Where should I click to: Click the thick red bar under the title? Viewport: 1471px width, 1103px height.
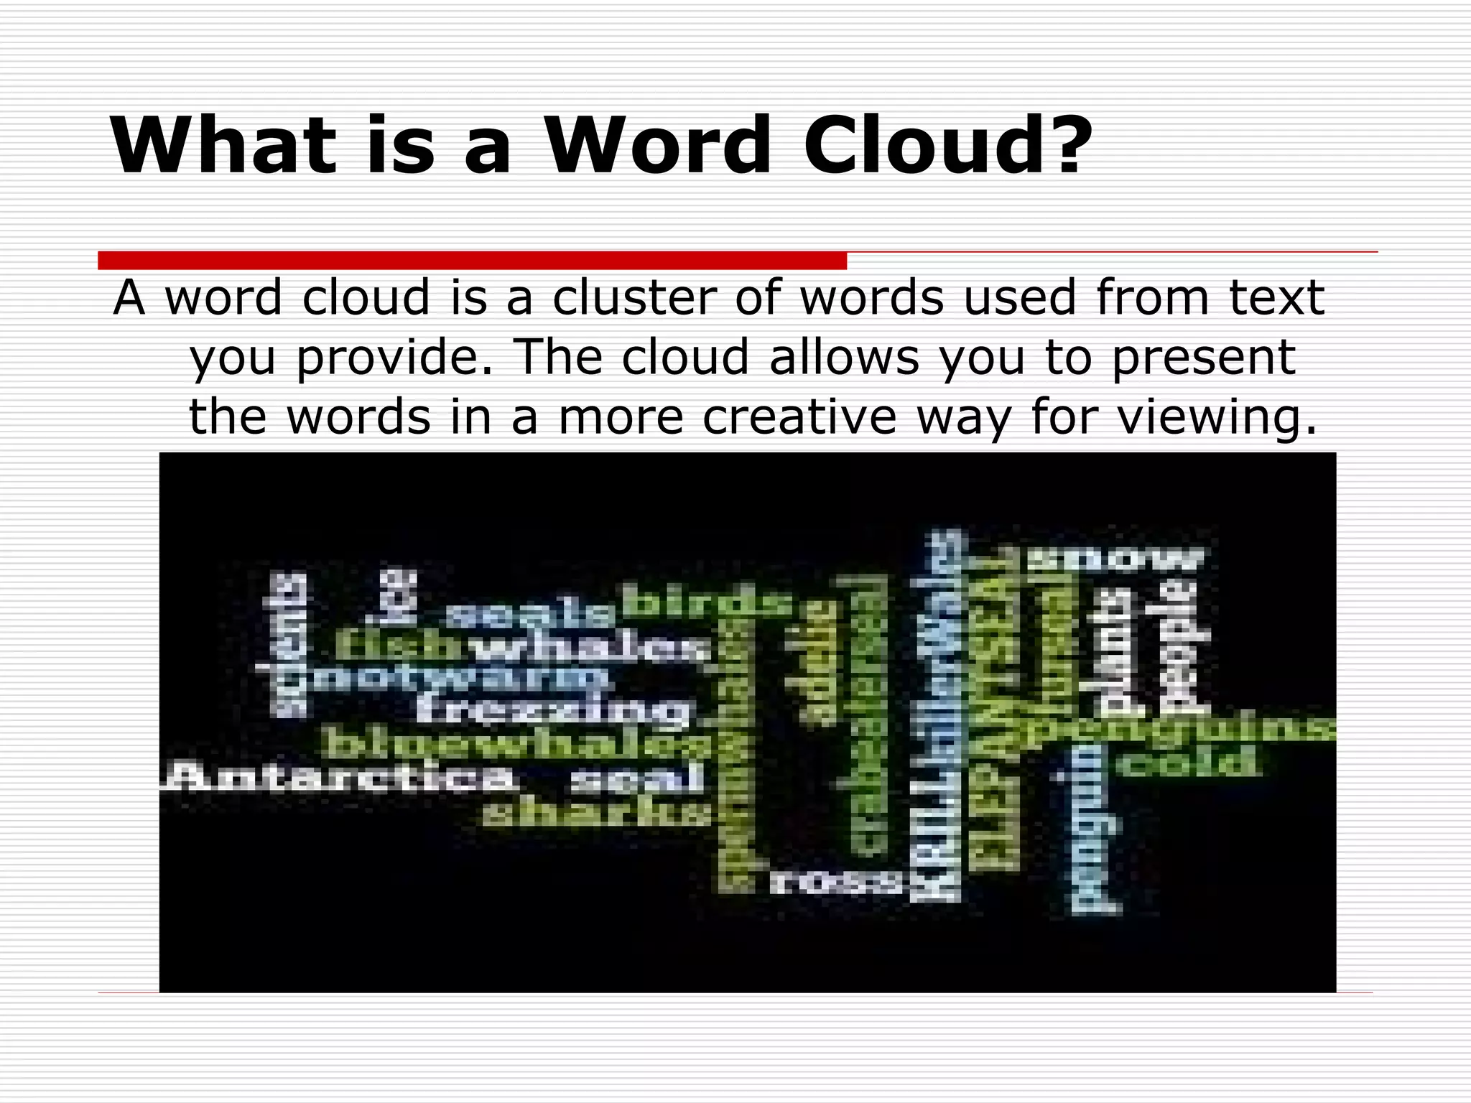[x=472, y=260]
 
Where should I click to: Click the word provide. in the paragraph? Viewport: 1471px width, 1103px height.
[x=394, y=357]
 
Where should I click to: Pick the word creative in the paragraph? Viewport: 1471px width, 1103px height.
[x=799, y=416]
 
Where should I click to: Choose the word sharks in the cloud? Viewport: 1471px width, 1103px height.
[x=596, y=814]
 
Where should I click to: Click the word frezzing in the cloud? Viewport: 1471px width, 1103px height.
[x=553, y=710]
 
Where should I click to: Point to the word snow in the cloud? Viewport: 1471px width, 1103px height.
[x=1116, y=559]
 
